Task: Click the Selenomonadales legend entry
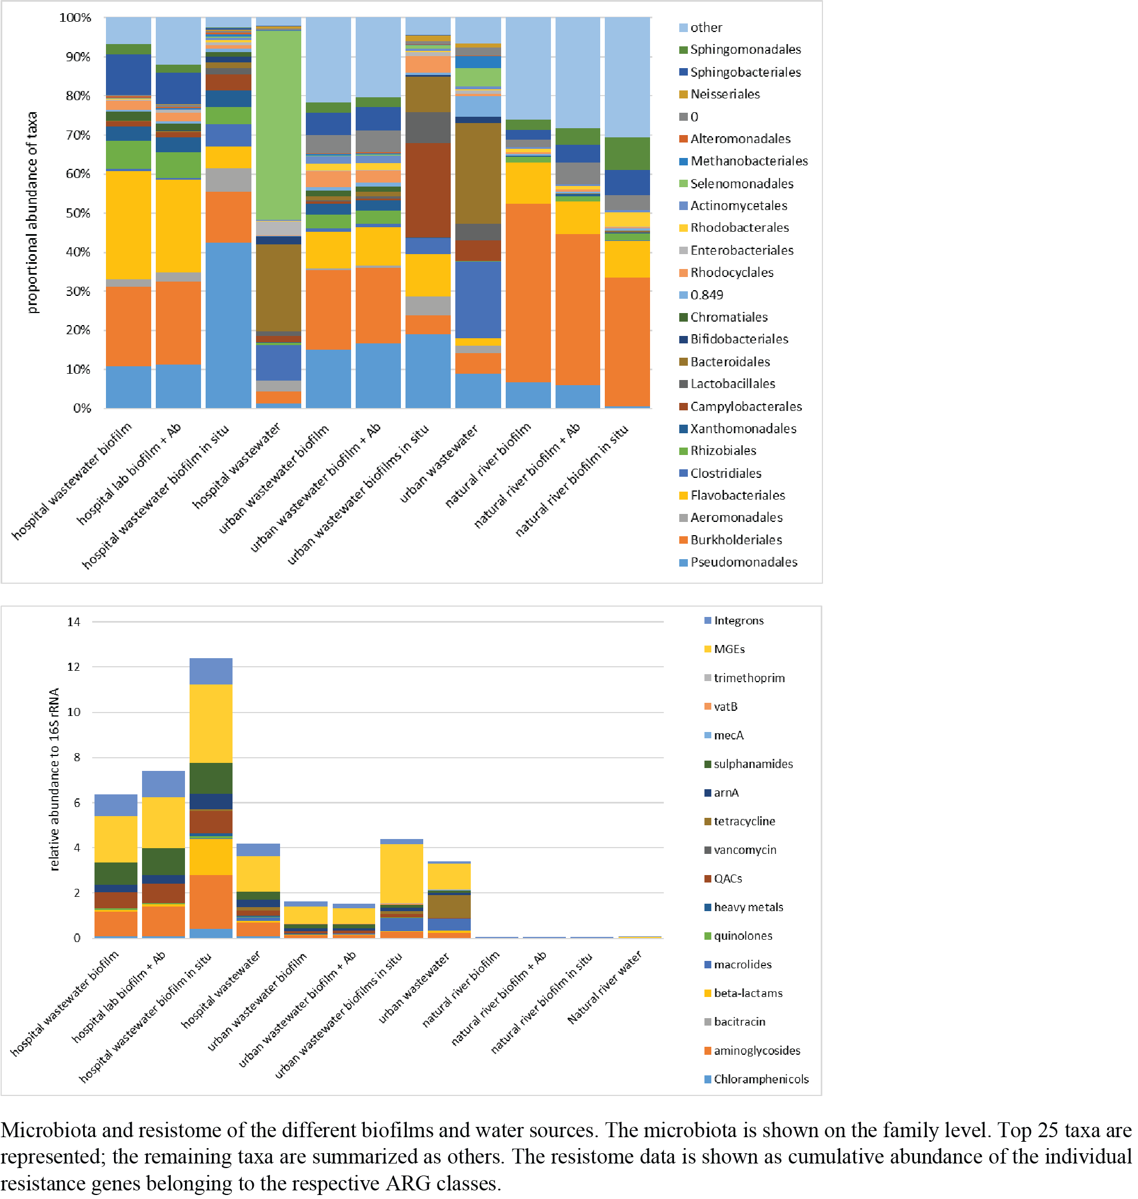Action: pyautogui.click(x=741, y=184)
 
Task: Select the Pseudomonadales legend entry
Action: pyautogui.click(x=743, y=563)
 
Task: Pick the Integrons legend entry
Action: pyautogui.click(x=738, y=621)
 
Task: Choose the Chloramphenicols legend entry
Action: pyautogui.click(x=761, y=1079)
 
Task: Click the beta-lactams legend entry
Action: pyautogui.click(x=747, y=993)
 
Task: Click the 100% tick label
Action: pyautogui.click(x=75, y=18)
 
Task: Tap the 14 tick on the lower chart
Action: pyautogui.click(x=73, y=622)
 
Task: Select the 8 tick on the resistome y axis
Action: pyautogui.click(x=76, y=757)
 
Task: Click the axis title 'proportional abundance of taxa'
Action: pyautogui.click(x=32, y=212)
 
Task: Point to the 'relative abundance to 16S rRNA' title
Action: pyautogui.click(x=54, y=779)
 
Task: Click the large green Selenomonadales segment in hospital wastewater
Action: pyautogui.click(x=278, y=124)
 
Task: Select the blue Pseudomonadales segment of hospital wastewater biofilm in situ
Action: pyautogui.click(x=228, y=325)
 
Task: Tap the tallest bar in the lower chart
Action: pyautogui.click(x=211, y=798)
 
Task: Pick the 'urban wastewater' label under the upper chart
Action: pyautogui.click(x=439, y=464)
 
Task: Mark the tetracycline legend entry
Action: pyautogui.click(x=744, y=821)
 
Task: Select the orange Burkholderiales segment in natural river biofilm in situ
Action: pyautogui.click(x=627, y=341)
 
